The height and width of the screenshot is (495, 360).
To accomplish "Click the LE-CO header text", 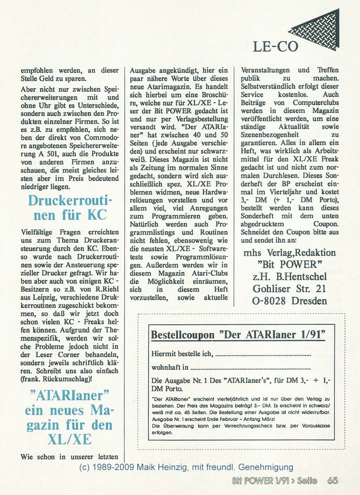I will (275, 46).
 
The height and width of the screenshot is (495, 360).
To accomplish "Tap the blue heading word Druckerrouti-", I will (70, 201).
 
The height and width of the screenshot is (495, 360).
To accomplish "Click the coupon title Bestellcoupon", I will (183, 335).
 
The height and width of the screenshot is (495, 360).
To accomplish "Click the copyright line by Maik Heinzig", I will (185, 467).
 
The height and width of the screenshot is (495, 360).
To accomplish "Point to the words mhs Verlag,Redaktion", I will (289, 253).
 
